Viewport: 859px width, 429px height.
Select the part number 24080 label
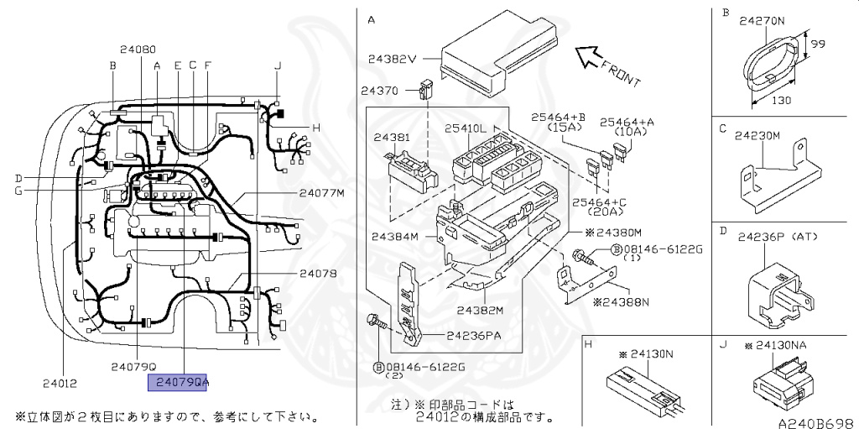(138, 50)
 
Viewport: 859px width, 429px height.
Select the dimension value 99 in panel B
(819, 42)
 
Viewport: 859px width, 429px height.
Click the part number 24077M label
(321, 192)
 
